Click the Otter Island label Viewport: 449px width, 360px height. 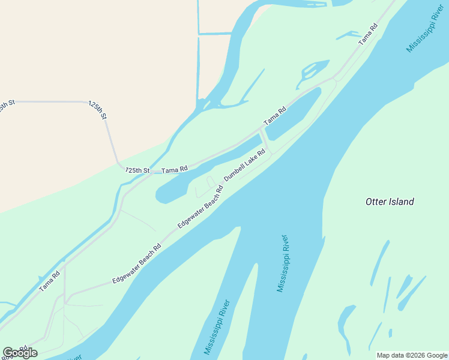point(390,202)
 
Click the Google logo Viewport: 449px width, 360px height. point(20,353)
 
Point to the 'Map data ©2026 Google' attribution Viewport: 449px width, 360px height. point(412,355)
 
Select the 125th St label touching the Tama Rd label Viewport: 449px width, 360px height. point(137,170)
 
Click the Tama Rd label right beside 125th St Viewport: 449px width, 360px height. point(175,170)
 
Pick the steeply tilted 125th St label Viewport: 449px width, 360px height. point(97,110)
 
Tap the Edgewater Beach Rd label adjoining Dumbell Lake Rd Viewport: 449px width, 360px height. point(200,206)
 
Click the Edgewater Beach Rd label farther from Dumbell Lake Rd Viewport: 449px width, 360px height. point(137,264)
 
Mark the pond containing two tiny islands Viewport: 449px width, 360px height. point(312,70)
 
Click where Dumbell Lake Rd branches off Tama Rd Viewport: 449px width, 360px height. point(262,129)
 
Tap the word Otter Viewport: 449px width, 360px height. point(376,202)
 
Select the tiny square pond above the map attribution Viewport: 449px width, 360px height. point(390,333)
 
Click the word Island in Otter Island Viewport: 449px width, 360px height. point(402,202)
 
